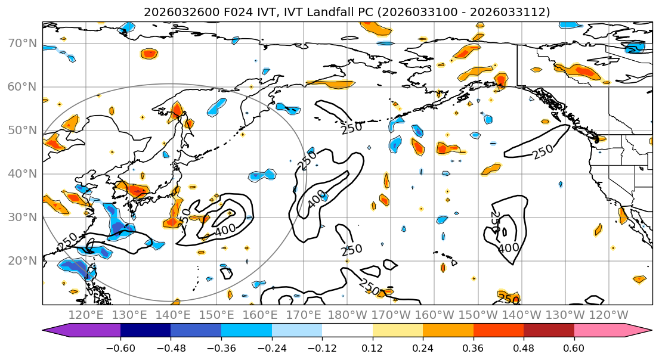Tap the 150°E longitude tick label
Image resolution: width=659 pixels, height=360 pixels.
click(x=216, y=315)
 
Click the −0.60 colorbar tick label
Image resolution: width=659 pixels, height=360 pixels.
click(x=120, y=347)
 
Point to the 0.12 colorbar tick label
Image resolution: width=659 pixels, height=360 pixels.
click(x=372, y=347)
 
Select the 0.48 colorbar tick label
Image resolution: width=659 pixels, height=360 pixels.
click(x=524, y=347)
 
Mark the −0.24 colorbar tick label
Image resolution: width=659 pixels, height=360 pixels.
click(x=271, y=347)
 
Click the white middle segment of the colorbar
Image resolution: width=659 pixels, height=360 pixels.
click(x=347, y=331)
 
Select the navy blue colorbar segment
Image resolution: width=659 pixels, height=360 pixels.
click(x=146, y=331)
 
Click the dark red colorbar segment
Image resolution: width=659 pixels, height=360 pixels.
click(x=549, y=331)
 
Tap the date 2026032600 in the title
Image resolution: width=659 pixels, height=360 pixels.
click(x=175, y=12)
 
